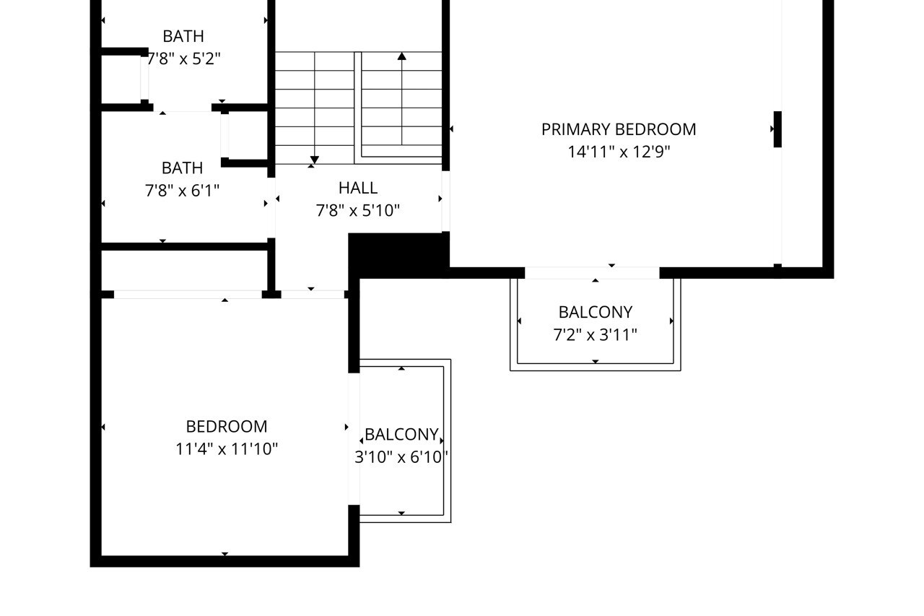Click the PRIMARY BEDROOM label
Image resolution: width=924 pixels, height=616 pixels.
[x=619, y=129]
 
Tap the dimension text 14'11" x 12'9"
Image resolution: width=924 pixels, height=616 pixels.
[x=619, y=152]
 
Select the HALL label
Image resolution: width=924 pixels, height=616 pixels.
[x=358, y=188]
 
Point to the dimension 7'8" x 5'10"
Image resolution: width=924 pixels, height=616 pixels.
[x=358, y=210]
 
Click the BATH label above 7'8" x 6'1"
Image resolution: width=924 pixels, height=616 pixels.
[x=182, y=168]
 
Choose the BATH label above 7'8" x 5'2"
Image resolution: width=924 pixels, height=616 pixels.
[x=183, y=36]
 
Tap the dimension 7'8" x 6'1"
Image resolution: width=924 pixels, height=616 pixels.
[x=182, y=190]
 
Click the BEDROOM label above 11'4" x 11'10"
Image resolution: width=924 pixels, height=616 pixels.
[x=227, y=426]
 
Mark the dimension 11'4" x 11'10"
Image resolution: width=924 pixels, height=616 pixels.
[x=227, y=449]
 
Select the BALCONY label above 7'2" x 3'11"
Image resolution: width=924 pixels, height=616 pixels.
[x=596, y=312]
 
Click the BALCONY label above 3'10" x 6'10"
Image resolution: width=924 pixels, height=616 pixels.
[x=401, y=435]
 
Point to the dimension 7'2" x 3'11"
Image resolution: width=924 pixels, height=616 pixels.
[x=596, y=334]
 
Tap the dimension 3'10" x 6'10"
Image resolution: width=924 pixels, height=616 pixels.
[x=401, y=457]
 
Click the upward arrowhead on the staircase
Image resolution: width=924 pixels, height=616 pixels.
[x=401, y=56]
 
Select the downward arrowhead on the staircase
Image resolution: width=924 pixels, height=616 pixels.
[x=314, y=160]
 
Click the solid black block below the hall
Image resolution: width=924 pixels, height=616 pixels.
[x=397, y=254]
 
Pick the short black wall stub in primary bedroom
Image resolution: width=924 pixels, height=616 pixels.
[x=777, y=129]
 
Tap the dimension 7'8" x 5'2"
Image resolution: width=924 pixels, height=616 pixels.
[x=183, y=58]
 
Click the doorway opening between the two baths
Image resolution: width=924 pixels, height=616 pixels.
[x=182, y=108]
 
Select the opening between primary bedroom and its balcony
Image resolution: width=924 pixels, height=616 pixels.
[x=592, y=273]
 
